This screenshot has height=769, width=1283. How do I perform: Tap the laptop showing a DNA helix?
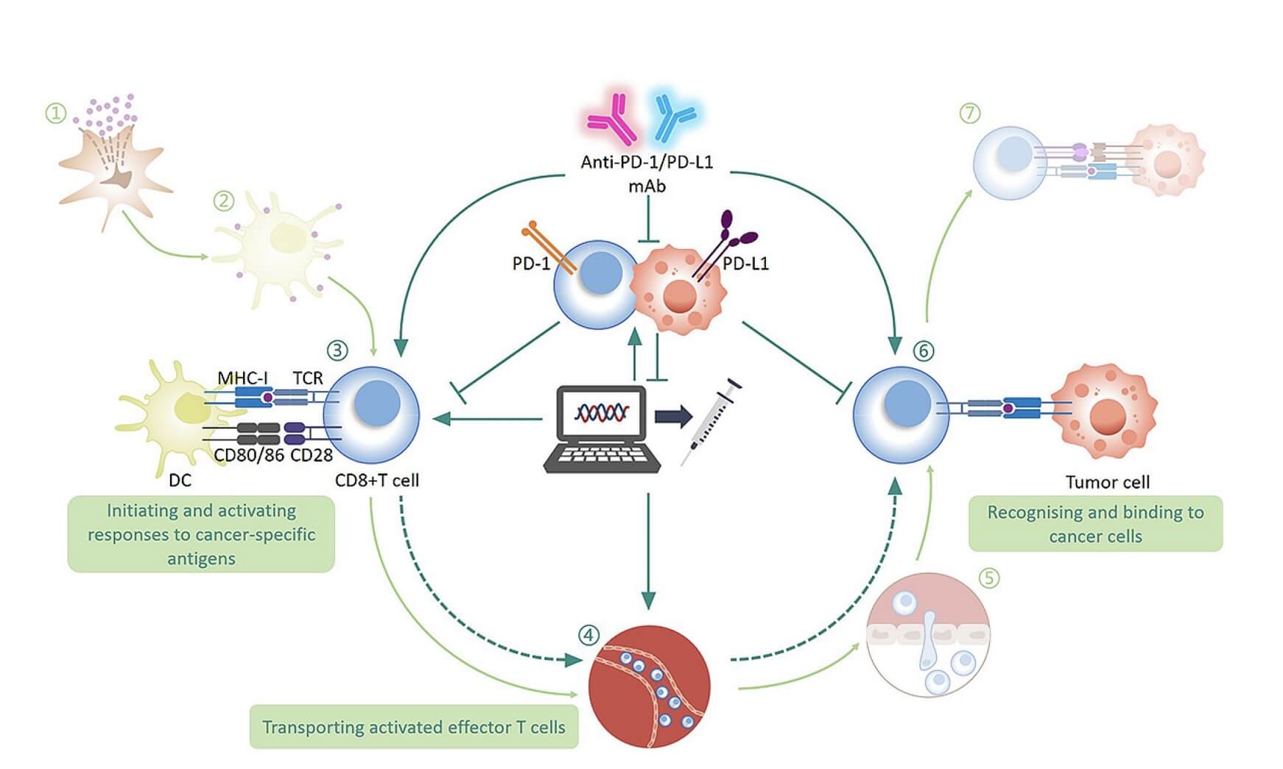[x=602, y=428]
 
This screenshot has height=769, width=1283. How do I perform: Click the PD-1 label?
[x=530, y=263]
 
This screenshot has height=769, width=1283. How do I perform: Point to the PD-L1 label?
[x=745, y=263]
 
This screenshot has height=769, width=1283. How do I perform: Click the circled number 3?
[x=337, y=350]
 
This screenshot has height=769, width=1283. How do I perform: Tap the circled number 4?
[x=588, y=635]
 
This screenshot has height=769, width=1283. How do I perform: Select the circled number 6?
[x=923, y=351]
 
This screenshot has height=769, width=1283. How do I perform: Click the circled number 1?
[x=56, y=113]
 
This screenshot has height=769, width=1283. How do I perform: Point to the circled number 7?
[x=970, y=113]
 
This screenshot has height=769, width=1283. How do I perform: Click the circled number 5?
[x=989, y=577]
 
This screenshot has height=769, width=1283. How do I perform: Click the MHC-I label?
[x=242, y=378]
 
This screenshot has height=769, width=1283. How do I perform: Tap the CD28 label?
[x=312, y=455]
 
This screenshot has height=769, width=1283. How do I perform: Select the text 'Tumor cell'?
[x=1107, y=482]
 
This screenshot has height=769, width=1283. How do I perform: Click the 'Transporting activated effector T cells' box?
[x=413, y=727]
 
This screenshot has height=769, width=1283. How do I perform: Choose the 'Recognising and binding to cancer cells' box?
[x=1095, y=524]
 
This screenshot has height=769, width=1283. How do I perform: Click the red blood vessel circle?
[x=650, y=687]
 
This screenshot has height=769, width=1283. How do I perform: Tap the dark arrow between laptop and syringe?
[x=673, y=417]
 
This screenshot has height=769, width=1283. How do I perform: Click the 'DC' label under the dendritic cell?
[x=180, y=480]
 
